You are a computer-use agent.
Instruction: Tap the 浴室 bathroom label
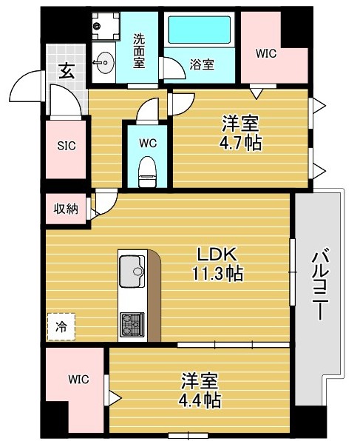(x=201, y=64)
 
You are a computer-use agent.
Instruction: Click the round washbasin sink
(x=105, y=61)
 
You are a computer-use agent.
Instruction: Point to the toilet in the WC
(x=148, y=171)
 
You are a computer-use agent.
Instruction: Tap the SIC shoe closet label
(x=67, y=146)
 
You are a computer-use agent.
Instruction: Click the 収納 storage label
(x=65, y=208)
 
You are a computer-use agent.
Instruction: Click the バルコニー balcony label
(x=322, y=285)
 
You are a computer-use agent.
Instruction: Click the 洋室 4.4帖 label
(x=201, y=391)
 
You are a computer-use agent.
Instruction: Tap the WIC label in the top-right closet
(x=267, y=53)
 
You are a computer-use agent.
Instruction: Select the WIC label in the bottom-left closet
(x=78, y=380)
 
